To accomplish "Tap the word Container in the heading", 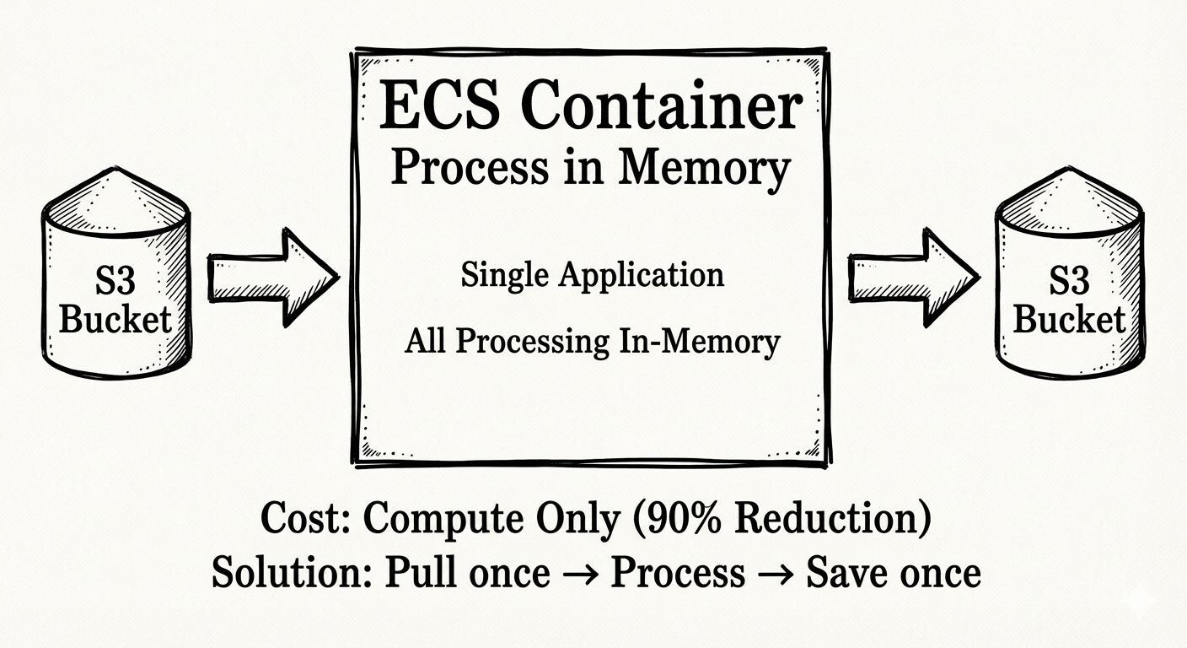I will click(657, 106).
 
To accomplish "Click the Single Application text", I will click(592, 275).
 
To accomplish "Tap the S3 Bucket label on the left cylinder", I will click(115, 300).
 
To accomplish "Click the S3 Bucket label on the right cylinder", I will click(1070, 300).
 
